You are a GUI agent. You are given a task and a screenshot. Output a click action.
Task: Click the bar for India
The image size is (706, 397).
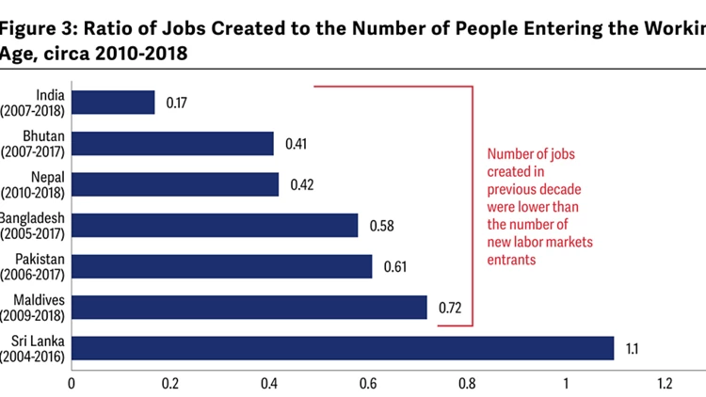tap(113, 102)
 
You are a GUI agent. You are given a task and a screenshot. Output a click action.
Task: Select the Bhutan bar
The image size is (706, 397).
tap(172, 143)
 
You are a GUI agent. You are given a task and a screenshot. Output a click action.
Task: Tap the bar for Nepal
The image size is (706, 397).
tap(175, 183)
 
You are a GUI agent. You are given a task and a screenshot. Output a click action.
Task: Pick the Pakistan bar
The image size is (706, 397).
tap(222, 266)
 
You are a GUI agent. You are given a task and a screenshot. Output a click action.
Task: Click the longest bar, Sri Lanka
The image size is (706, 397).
tap(343, 348)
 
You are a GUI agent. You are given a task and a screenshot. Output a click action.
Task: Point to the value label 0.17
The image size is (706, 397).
tap(177, 102)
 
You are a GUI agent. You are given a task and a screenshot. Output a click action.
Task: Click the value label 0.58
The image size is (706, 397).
tap(380, 226)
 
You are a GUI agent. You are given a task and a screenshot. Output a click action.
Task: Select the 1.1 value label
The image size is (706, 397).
tap(633, 348)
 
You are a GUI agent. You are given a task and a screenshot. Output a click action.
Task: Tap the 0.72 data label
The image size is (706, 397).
tap(450, 308)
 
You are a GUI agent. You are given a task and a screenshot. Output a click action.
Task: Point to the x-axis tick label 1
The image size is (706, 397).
tap(566, 383)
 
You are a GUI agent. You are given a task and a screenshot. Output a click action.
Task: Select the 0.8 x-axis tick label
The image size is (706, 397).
tap(467, 383)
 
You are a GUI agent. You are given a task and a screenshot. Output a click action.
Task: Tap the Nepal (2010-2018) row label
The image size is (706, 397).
tap(36, 183)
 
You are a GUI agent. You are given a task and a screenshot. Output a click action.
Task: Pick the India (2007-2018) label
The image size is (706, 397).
tap(36, 102)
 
